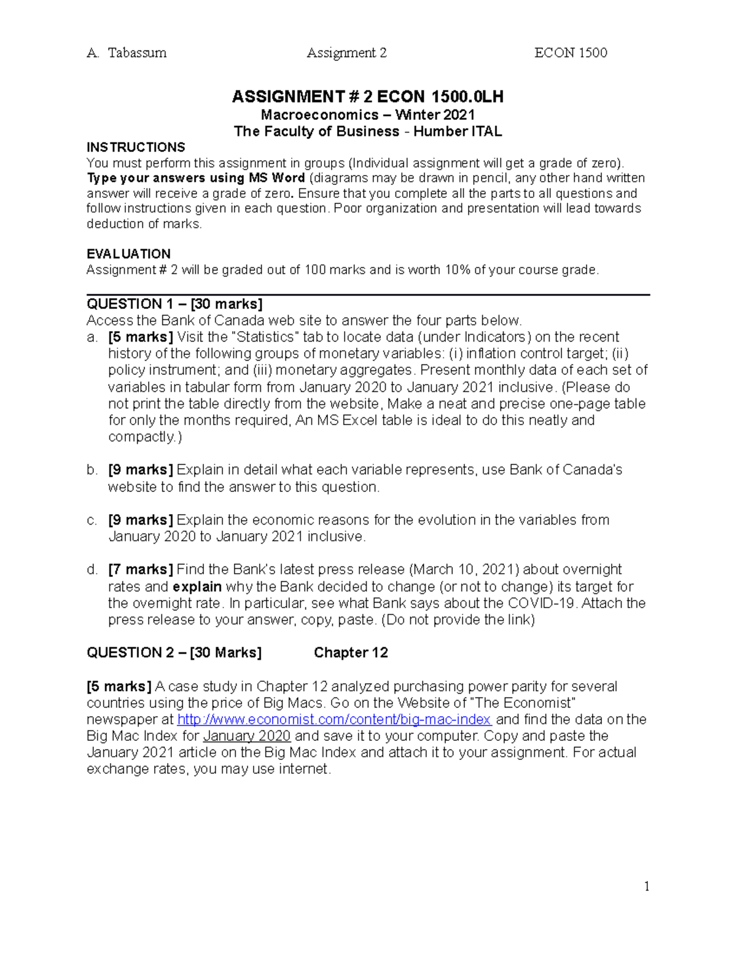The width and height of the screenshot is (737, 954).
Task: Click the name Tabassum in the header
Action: coord(137,53)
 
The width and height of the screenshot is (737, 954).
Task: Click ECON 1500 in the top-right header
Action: coord(571,53)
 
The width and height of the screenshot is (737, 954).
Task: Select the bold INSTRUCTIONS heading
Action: coord(136,147)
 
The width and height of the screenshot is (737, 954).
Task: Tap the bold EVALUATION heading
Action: coord(128,254)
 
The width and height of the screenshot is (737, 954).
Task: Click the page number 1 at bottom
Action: coord(647,886)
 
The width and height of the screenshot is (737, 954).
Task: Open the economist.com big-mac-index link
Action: coord(334,719)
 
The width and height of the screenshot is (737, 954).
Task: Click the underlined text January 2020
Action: coord(247,736)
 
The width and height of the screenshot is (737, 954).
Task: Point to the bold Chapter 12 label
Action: coord(351,652)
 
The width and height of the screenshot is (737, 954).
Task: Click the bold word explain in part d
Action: coord(197,587)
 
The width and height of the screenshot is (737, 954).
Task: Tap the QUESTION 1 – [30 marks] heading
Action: coord(174,304)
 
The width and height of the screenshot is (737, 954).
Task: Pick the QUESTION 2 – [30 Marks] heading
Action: coord(174,652)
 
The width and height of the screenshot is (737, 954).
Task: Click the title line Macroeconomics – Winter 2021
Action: coord(368,115)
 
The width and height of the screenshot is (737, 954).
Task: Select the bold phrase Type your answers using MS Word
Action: coord(196,178)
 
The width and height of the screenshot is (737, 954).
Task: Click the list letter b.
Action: coord(92,470)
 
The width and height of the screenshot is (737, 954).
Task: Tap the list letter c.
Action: coord(92,520)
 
